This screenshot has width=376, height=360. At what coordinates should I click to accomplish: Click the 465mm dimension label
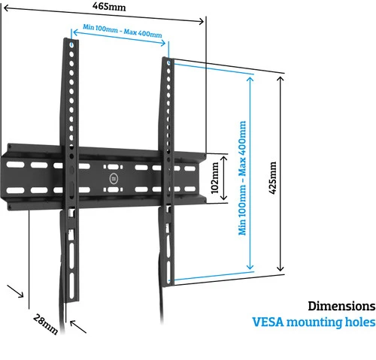[x=109, y=7]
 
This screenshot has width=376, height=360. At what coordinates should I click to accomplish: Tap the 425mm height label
[x=273, y=177]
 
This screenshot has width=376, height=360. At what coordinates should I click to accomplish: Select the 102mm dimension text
[x=215, y=178]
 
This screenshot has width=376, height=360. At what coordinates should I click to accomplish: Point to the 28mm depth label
[x=45, y=324]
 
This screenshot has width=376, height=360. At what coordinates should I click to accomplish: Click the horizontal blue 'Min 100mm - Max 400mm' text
[x=123, y=31]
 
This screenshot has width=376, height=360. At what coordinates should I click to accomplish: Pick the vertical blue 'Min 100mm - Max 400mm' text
[x=242, y=178]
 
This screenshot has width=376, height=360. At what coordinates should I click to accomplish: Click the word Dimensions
[x=341, y=306]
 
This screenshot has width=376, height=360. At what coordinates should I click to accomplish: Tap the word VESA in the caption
[x=268, y=322]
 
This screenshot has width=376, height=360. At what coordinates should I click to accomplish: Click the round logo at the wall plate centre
[x=114, y=179]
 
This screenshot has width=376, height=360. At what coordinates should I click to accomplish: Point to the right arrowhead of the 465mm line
[x=201, y=22]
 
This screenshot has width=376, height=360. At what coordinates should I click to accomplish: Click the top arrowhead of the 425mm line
[x=280, y=79]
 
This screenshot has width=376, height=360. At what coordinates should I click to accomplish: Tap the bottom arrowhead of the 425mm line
[x=280, y=268]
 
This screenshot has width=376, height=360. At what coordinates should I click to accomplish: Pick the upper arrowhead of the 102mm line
[x=223, y=158]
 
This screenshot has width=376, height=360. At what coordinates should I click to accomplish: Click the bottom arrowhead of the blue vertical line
[x=250, y=267]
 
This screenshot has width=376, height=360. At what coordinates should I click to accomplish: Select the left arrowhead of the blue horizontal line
[x=76, y=32]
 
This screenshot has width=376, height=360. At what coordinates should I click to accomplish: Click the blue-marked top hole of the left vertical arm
[x=71, y=45]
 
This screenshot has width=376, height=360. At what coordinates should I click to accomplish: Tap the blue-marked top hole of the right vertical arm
[x=168, y=62]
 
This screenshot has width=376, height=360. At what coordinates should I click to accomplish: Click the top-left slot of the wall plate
[x=15, y=165]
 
